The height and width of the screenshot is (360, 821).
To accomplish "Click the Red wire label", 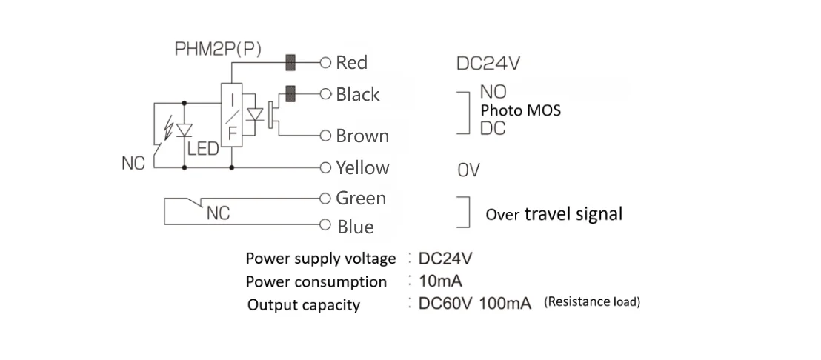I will click(351, 62).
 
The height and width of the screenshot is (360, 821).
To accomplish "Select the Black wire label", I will click(357, 94).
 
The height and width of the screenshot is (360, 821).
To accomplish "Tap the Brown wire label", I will click(362, 136).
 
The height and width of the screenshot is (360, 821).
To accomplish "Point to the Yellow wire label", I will click(362, 167).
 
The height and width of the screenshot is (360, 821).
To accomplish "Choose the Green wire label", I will click(361, 199).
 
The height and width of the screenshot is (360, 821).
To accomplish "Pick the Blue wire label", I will click(356, 227).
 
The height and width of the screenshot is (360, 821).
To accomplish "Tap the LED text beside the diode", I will click(203, 150).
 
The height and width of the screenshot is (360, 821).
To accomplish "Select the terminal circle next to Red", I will click(324, 62).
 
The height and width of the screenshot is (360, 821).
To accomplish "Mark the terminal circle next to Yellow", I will click(324, 167).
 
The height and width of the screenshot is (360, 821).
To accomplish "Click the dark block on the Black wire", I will click(290, 93).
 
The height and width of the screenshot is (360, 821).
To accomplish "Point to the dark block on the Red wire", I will click(290, 61).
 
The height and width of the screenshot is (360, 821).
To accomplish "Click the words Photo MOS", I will click(521, 110).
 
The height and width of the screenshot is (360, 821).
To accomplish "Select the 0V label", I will click(468, 171).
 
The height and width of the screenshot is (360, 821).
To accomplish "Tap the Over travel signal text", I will click(554, 214).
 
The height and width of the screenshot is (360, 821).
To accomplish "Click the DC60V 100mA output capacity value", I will click(475, 304).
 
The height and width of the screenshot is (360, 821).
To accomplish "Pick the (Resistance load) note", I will click(592, 302).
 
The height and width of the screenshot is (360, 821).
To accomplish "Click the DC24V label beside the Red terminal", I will click(488, 63).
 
